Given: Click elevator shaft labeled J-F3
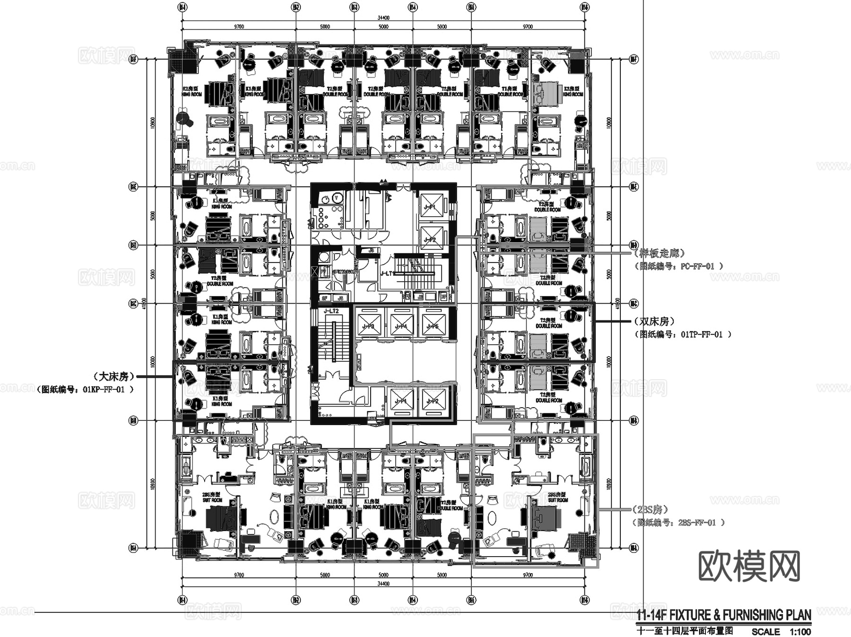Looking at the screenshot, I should coord(369,326).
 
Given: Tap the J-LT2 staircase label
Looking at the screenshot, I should coord(331,311).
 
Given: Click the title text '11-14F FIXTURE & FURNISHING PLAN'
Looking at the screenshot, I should coord(724,615).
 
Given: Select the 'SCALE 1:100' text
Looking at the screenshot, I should coord(781,631).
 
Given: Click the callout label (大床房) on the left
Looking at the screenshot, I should coord(114,376).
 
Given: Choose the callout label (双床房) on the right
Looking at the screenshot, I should coord(654,322).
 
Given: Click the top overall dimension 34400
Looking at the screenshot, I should coord(383,18).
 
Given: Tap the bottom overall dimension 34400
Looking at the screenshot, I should coord(383,584).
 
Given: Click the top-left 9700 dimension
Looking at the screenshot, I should coord(239,26).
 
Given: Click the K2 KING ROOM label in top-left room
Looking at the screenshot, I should coord(192,91).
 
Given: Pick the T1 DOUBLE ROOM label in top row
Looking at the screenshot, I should coord(511,91).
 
